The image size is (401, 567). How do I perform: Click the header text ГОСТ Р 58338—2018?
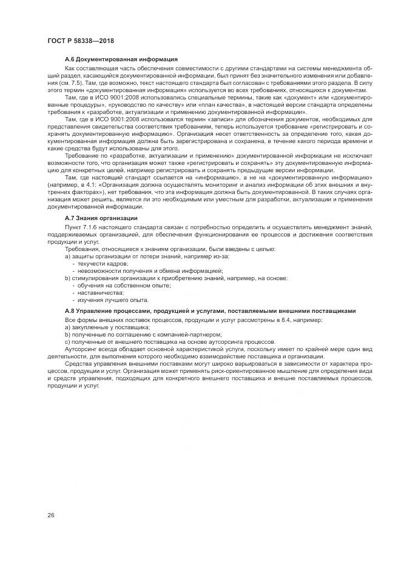pyautogui.click(x=81, y=41)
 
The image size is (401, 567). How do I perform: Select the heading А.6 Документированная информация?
pyautogui.click(x=121, y=59)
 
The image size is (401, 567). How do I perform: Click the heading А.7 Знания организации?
pyautogui.click(x=101, y=218)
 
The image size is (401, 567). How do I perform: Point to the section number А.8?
pyautogui.click(x=71, y=311)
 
